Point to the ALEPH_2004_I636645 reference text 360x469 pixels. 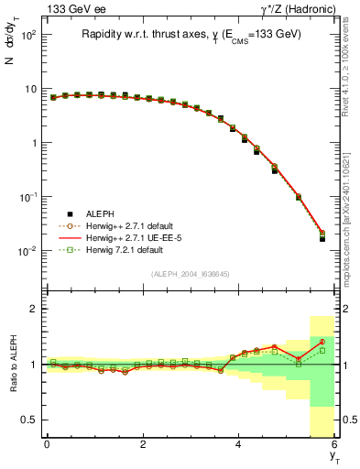click(x=190, y=274)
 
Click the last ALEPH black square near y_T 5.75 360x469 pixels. click(x=322, y=238)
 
